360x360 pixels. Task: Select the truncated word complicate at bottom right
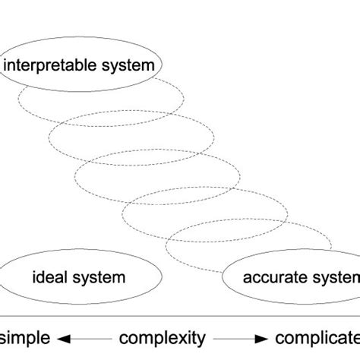click(317, 336)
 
